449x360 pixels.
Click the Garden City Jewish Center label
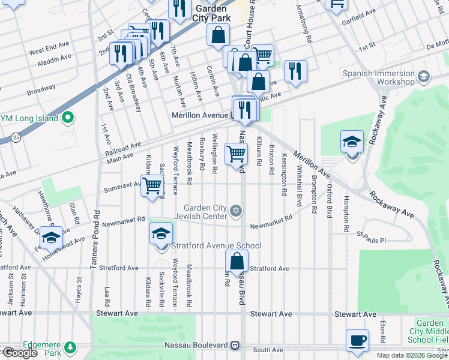click(x=209, y=211)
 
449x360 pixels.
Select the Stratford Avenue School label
click(x=216, y=245)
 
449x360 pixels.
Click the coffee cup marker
click(x=358, y=340)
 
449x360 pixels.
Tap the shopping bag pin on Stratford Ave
click(x=237, y=262)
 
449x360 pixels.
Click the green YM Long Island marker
click(x=68, y=118)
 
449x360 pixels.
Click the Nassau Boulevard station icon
click(x=235, y=346)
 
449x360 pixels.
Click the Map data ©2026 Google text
click(x=412, y=355)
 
